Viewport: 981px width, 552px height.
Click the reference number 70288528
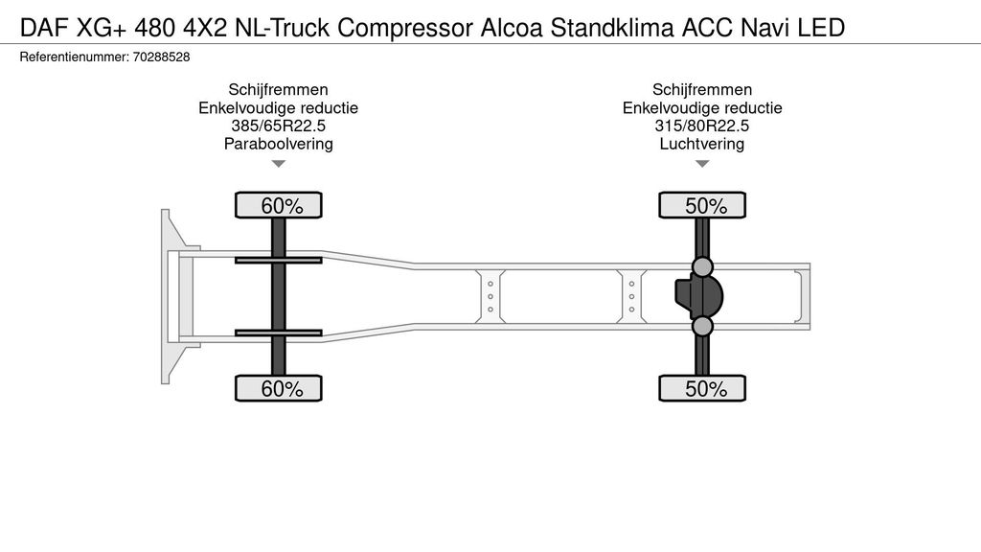(x=161, y=57)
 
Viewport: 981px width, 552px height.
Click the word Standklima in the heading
(x=612, y=28)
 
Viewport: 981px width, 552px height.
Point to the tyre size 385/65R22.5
(x=279, y=126)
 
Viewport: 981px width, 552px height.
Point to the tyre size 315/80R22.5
(x=702, y=126)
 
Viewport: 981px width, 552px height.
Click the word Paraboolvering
(x=279, y=144)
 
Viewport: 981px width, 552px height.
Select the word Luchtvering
(x=702, y=144)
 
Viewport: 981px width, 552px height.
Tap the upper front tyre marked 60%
(x=279, y=205)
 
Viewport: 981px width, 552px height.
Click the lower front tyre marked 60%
(x=279, y=388)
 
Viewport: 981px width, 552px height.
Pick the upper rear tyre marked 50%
(x=702, y=205)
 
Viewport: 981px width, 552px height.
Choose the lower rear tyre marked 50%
(x=702, y=388)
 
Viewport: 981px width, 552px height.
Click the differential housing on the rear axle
(x=698, y=296)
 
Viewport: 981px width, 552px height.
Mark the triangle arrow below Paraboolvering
(x=279, y=164)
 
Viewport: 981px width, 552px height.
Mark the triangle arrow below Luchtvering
(x=702, y=164)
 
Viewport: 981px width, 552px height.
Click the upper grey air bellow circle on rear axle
(x=702, y=266)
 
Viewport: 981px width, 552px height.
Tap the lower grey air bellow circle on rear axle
(x=702, y=326)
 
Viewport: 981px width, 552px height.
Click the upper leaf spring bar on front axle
(x=279, y=260)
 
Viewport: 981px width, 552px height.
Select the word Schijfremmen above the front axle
(x=279, y=89)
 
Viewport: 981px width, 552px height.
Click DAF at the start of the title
(x=44, y=28)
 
